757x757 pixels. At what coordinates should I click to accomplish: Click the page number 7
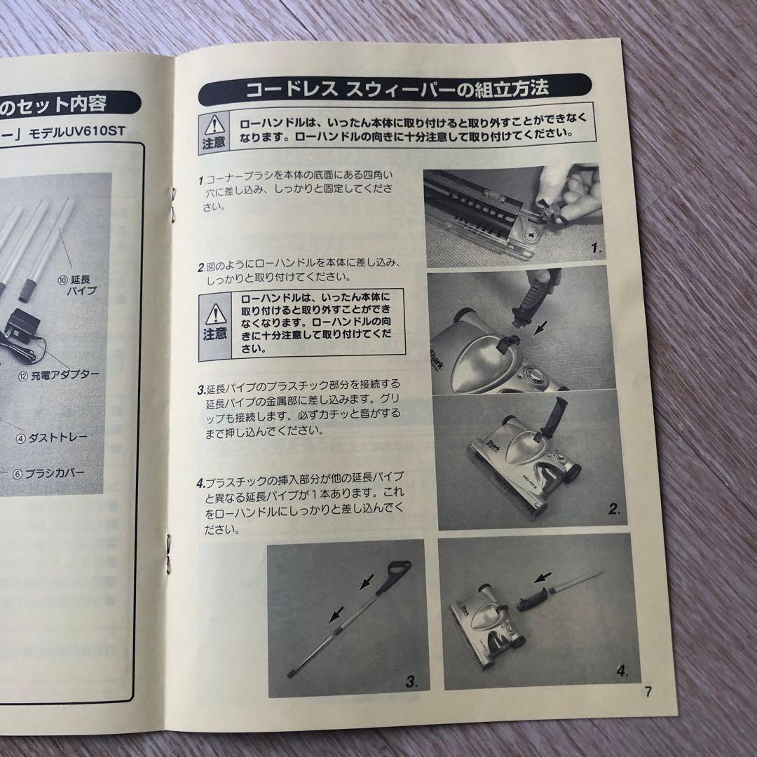(648, 692)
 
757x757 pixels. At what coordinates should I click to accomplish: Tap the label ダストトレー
(53, 437)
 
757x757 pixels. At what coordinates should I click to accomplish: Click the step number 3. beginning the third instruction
(200, 388)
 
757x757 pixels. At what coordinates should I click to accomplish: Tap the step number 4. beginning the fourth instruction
(200, 483)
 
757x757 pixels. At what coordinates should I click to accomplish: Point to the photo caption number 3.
(412, 679)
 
